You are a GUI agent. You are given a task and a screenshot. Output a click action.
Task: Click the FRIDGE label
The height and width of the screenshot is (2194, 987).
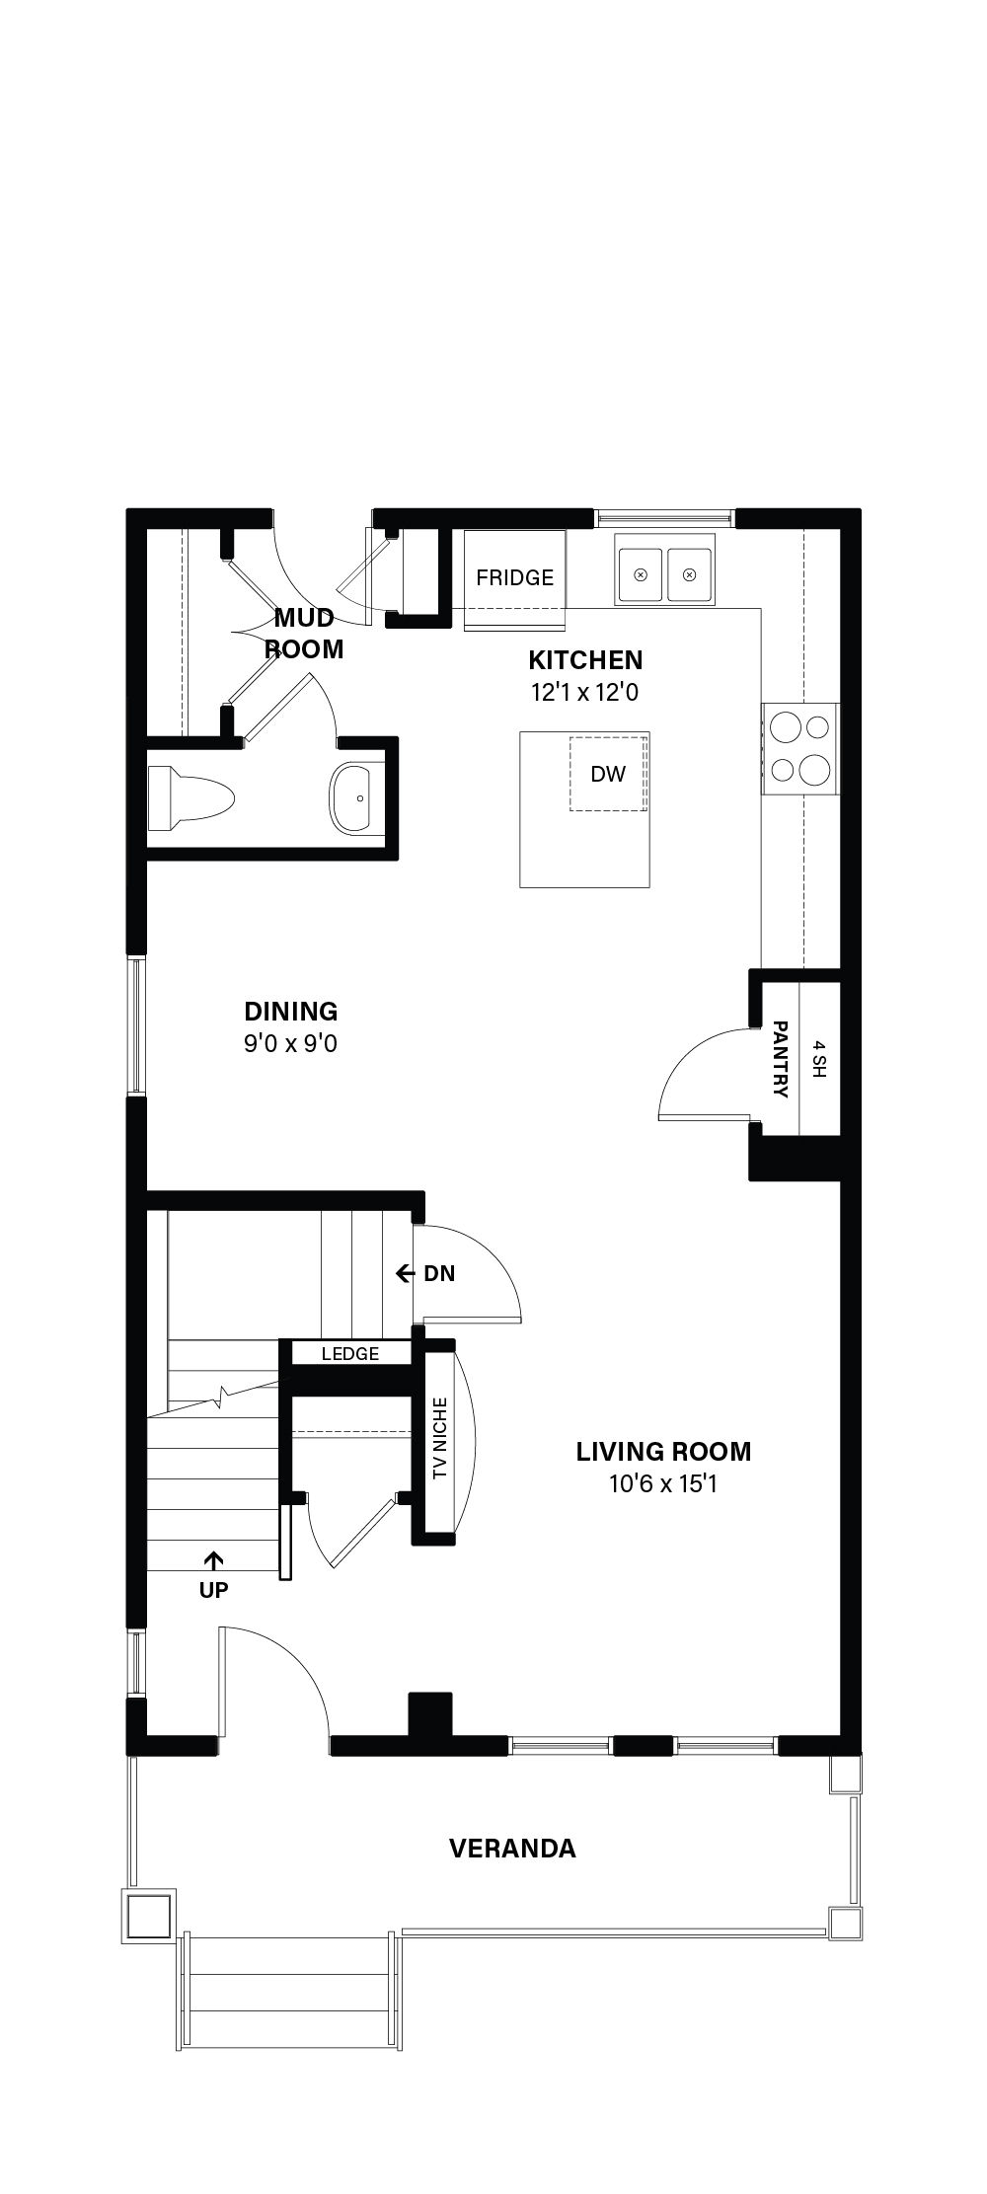pos(514,577)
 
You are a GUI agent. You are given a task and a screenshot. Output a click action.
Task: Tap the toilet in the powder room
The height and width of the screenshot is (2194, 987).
pos(190,797)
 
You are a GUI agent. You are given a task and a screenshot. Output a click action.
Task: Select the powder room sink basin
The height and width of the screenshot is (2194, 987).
pos(357,797)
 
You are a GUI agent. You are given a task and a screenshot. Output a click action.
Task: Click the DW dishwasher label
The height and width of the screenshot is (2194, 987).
pos(608,774)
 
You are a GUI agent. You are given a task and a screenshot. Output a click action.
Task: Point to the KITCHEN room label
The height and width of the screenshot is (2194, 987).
pos(585,660)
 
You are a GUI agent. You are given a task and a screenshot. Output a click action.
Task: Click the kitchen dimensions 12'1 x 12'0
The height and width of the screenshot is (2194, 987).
pos(585,692)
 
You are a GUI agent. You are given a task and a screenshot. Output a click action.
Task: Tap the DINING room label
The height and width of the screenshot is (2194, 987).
pos(291,1011)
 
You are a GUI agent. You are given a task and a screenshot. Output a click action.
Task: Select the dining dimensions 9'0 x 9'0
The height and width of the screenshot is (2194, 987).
pos(291,1043)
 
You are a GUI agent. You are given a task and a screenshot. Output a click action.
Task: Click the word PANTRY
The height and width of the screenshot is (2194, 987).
pos(780,1059)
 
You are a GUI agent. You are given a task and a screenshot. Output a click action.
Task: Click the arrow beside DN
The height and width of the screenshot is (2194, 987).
pos(405,1274)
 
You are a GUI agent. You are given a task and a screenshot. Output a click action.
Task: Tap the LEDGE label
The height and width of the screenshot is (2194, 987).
pos(350,1354)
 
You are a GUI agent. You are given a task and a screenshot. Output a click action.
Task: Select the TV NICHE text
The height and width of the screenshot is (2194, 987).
pos(440,1438)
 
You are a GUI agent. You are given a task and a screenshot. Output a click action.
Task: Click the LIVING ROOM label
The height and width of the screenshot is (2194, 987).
pos(663,1451)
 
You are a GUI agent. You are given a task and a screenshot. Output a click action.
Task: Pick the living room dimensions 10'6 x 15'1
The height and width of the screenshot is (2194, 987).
pos(663,1483)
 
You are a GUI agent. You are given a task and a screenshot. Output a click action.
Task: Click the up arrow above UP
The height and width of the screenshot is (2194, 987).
pos(213,1559)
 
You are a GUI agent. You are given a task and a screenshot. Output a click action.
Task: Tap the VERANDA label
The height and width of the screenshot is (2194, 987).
pos(512,1849)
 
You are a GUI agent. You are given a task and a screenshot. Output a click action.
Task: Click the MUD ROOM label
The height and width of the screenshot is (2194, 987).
pos(305,634)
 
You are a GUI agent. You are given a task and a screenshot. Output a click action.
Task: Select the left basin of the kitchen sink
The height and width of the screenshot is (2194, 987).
pos(641,574)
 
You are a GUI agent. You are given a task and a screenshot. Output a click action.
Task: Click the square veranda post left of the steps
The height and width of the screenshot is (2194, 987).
pos(149,1916)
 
